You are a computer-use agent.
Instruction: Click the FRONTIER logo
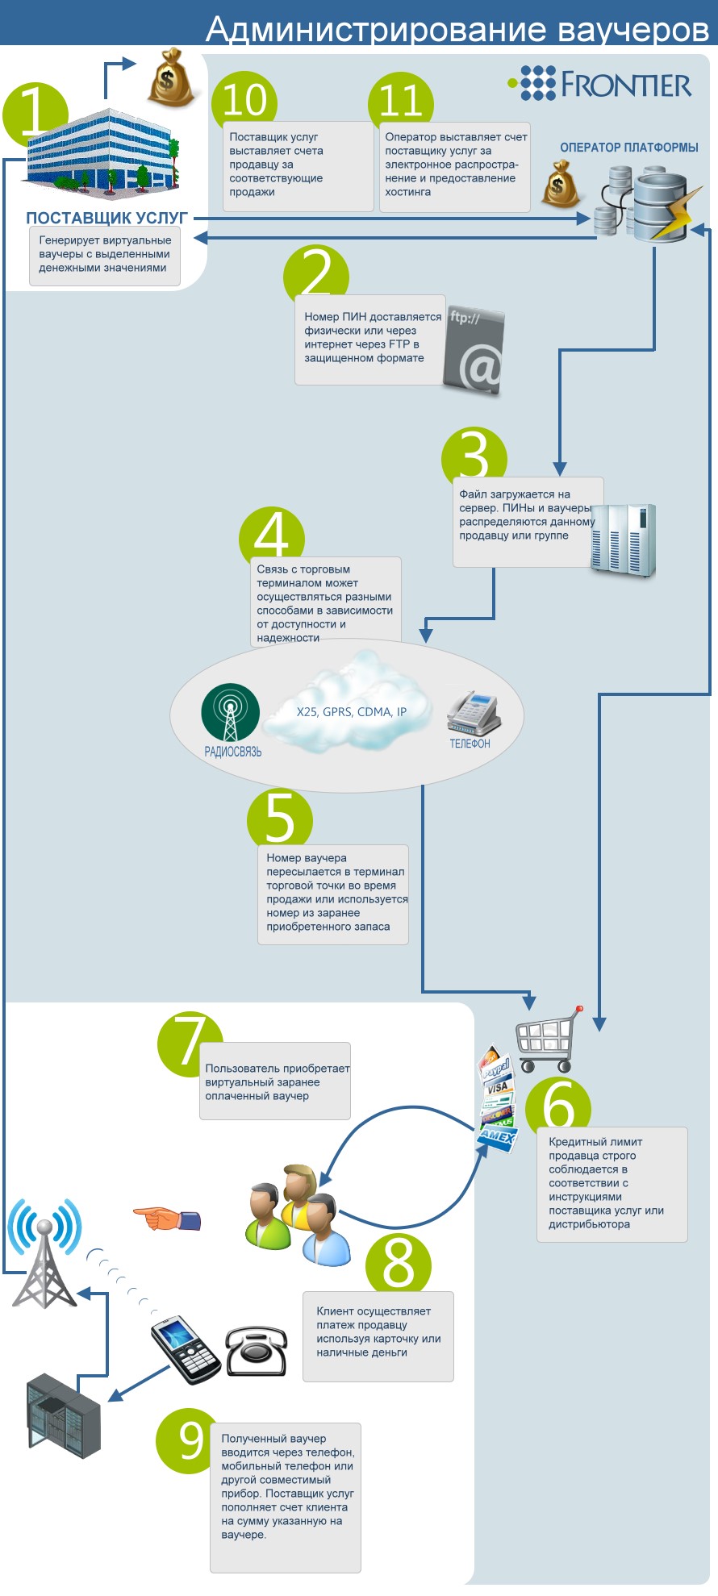(x=599, y=83)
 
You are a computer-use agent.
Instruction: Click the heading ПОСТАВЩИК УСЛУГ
(x=106, y=218)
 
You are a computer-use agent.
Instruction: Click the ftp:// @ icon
(x=474, y=351)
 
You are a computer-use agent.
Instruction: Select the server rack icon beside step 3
(x=624, y=540)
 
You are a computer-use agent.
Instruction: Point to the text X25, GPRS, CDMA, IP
(x=352, y=712)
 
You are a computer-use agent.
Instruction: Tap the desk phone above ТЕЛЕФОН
(x=474, y=712)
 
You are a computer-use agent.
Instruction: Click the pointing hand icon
(x=167, y=1219)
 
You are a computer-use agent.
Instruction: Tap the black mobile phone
(x=186, y=1349)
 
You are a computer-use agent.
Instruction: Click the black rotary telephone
(x=256, y=1351)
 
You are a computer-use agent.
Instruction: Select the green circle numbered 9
(x=190, y=1441)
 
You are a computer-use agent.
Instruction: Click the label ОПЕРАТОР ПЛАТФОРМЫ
(x=629, y=148)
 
